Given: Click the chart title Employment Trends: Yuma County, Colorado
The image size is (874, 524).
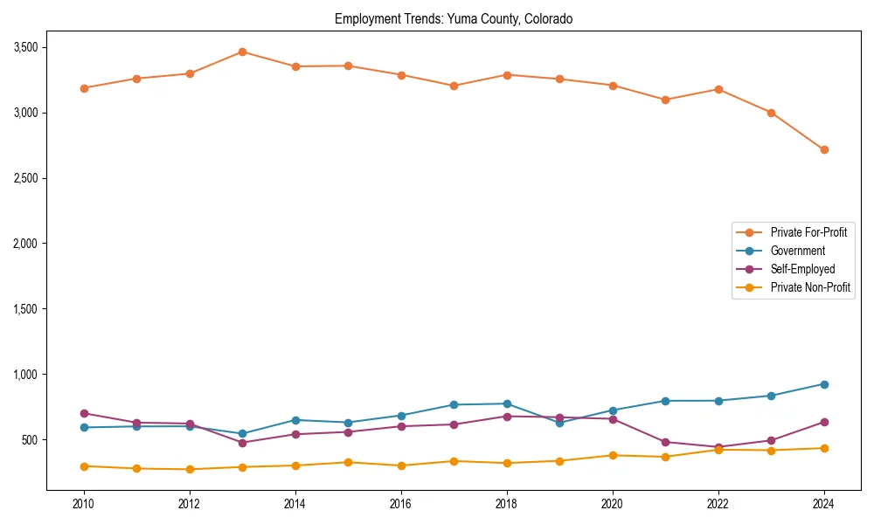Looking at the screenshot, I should [454, 18].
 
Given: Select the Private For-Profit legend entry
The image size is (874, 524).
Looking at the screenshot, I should [808, 232].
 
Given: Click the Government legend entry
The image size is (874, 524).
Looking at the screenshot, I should [797, 251].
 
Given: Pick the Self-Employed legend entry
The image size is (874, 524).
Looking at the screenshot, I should [802, 269].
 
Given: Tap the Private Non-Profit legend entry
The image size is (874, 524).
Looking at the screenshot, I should [810, 287].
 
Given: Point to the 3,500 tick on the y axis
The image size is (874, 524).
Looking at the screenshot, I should [24, 47].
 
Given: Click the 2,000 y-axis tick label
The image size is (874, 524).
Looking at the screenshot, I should [24, 244].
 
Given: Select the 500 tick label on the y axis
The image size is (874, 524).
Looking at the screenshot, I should [30, 440].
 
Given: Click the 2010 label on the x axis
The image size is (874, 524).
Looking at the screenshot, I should [84, 504].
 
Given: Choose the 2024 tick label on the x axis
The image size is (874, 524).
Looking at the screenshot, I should [823, 504].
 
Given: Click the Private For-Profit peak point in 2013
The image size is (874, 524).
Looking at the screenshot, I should [242, 52].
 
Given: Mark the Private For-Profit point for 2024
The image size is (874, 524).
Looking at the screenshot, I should [823, 150].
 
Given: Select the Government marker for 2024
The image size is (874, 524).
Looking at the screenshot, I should [823, 384].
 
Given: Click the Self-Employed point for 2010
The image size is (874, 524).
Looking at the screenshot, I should [84, 413].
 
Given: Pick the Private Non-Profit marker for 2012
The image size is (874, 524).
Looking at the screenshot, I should [190, 469].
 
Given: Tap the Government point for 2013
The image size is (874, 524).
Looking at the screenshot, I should [242, 434].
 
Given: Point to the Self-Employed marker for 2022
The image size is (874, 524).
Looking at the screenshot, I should [718, 447].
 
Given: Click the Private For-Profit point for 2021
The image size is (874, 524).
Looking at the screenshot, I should [665, 100].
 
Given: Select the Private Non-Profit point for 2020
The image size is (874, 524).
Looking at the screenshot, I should [613, 455].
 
